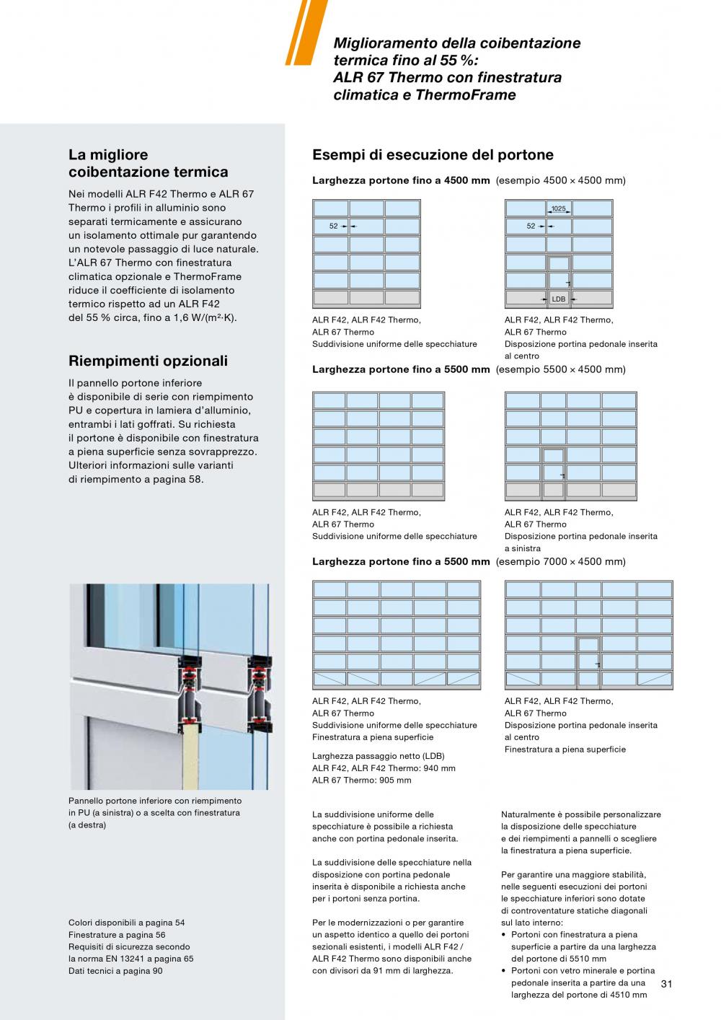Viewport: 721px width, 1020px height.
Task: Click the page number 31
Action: [x=666, y=983]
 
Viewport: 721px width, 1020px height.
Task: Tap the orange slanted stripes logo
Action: [x=302, y=32]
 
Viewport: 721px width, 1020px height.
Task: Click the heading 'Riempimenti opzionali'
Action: [x=148, y=361]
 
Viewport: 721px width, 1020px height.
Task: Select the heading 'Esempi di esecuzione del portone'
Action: [x=433, y=155]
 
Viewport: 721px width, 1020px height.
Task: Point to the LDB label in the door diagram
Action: [x=558, y=299]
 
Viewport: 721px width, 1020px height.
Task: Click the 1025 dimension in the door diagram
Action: [x=558, y=209]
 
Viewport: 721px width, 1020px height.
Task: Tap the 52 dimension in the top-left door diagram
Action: [x=334, y=227]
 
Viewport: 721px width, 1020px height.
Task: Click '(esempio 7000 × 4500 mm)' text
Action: [x=560, y=561]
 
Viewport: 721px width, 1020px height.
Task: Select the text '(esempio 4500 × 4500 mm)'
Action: [x=560, y=180]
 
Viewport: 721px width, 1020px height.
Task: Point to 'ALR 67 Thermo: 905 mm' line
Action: [x=361, y=780]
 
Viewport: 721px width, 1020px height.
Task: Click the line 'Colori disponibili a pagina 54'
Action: [x=126, y=923]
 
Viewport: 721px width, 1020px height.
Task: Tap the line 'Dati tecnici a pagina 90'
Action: [x=115, y=971]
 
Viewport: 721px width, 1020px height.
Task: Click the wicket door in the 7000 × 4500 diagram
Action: [x=588, y=662]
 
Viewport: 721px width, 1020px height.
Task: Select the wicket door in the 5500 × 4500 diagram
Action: [x=553, y=473]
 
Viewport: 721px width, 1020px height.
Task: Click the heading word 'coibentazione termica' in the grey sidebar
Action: [x=148, y=172]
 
